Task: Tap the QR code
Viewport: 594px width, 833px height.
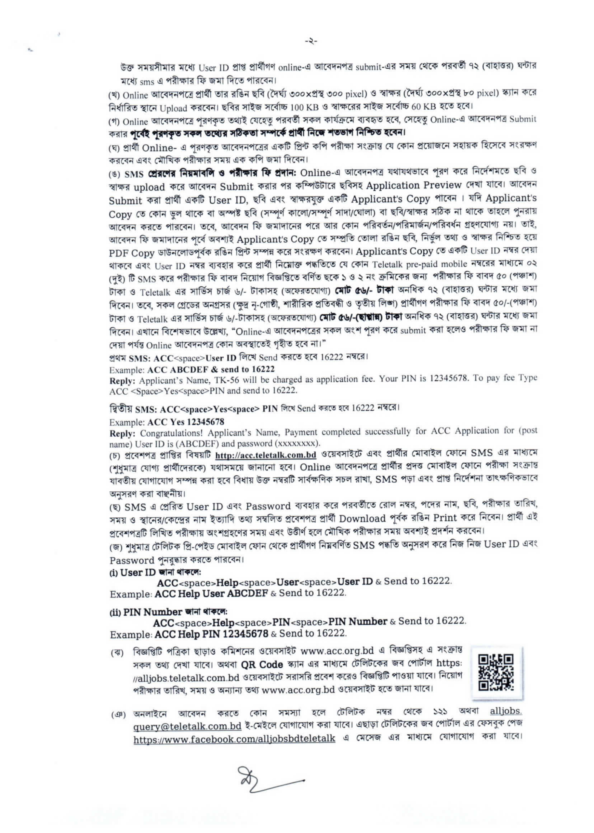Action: (x=496, y=673)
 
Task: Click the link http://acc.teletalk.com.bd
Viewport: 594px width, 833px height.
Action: (x=266, y=456)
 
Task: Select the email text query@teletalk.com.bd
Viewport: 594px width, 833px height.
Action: (x=187, y=726)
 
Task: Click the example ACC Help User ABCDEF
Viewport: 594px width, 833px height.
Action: (x=211, y=593)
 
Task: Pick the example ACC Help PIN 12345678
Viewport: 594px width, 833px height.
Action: (x=211, y=634)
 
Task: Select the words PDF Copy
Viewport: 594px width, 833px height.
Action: (x=132, y=253)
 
